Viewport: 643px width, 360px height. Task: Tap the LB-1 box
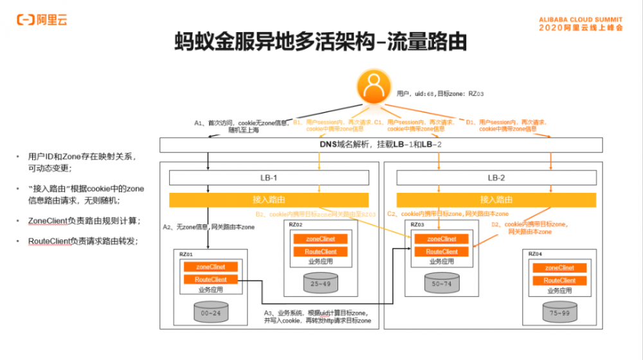(x=269, y=178)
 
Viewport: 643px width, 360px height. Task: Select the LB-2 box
(x=496, y=178)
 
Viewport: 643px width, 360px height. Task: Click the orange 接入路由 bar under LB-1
(x=269, y=200)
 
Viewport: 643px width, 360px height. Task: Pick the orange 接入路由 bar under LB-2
(x=496, y=200)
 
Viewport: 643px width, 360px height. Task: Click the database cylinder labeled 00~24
(x=212, y=312)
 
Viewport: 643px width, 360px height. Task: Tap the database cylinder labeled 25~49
(x=320, y=283)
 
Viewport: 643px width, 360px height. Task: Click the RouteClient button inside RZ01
(x=210, y=280)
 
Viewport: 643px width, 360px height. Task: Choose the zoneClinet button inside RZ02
(x=320, y=239)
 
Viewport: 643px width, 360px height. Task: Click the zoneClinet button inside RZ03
(x=442, y=239)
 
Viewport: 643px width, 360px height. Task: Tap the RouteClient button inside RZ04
(x=559, y=280)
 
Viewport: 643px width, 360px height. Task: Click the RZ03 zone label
(x=417, y=225)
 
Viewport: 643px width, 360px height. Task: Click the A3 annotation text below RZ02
(x=318, y=316)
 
